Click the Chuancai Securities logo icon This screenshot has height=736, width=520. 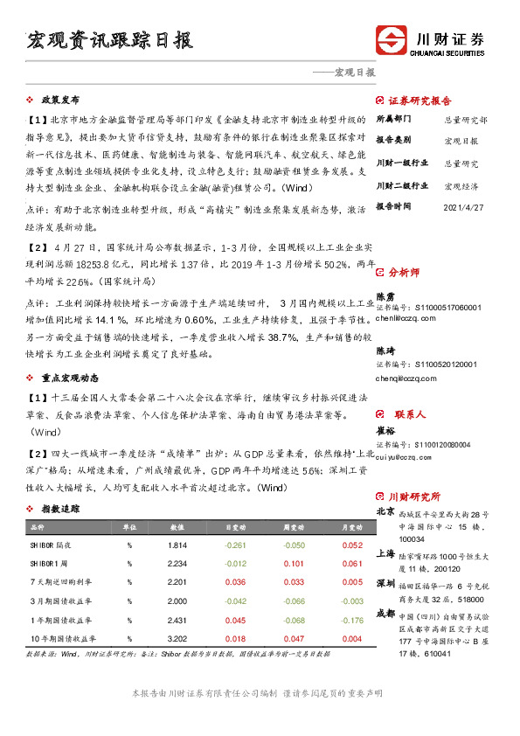(391, 41)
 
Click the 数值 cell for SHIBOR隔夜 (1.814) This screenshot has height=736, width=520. (177, 545)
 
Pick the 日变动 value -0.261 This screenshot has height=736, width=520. (235, 545)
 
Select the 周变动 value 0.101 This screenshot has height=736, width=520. (295, 564)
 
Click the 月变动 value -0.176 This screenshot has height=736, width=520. (352, 621)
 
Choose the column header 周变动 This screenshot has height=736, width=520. (295, 528)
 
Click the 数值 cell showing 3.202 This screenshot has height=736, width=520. (177, 639)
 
